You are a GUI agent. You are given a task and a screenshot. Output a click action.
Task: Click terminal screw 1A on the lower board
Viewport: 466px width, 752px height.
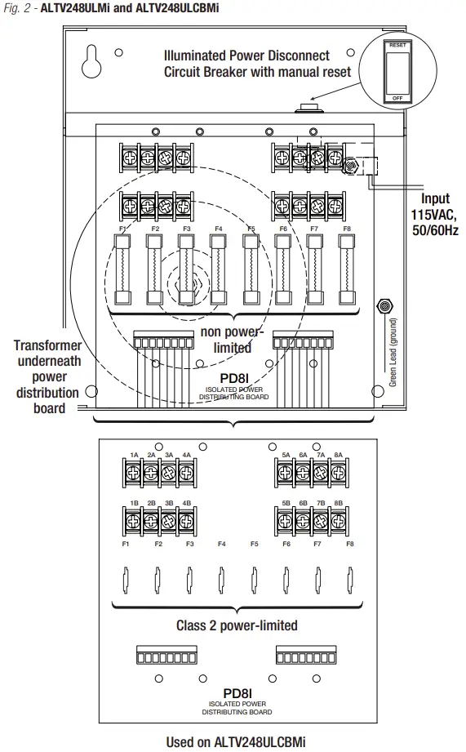[x=134, y=472]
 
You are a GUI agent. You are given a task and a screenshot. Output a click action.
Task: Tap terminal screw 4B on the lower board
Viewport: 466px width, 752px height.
[x=187, y=520]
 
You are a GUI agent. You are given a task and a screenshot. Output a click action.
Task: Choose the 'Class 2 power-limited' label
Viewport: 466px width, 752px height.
[x=236, y=626]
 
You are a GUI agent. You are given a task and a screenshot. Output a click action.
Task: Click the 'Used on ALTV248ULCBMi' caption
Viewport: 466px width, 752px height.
[x=236, y=742]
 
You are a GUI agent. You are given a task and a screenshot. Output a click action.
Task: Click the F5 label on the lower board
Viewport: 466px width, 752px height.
[x=255, y=544]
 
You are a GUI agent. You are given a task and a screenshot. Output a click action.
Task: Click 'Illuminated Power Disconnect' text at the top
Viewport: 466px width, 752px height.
[x=246, y=55]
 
